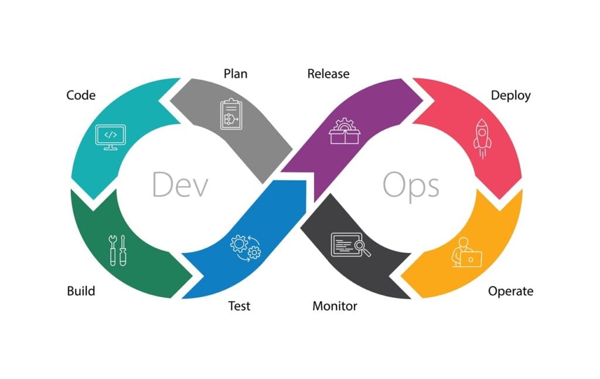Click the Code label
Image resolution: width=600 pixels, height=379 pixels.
click(x=81, y=95)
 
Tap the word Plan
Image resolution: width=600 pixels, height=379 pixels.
click(x=236, y=74)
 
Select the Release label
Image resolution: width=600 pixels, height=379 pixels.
click(x=328, y=74)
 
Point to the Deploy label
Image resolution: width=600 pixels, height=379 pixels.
click(x=510, y=96)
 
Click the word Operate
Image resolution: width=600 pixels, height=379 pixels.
click(x=511, y=291)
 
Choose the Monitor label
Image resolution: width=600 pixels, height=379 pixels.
click(x=335, y=306)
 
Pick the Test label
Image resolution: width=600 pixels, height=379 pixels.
click(x=238, y=306)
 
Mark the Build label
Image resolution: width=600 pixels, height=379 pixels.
click(x=81, y=291)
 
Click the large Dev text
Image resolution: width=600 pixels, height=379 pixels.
click(x=180, y=184)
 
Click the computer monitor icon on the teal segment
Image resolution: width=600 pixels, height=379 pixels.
click(x=110, y=137)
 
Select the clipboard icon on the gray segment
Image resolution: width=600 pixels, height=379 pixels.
click(x=230, y=113)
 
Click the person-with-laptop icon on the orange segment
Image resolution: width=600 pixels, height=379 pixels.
click(x=466, y=253)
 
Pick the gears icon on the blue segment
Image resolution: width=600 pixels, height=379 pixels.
click(x=245, y=248)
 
